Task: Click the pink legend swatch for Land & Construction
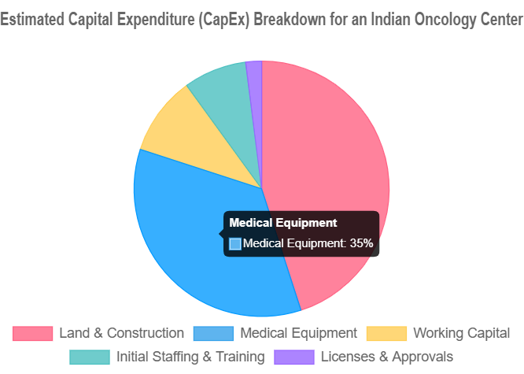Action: click(32, 333)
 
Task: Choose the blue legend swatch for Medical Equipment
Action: click(213, 333)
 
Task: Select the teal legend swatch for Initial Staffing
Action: click(90, 357)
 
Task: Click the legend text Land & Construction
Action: click(121, 333)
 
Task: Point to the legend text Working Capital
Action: click(461, 333)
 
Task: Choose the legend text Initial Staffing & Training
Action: click(190, 357)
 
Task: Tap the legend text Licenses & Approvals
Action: click(386, 357)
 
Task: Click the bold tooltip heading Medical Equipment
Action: click(283, 224)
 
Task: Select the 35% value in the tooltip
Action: click(361, 244)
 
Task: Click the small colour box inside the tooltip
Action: click(234, 244)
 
